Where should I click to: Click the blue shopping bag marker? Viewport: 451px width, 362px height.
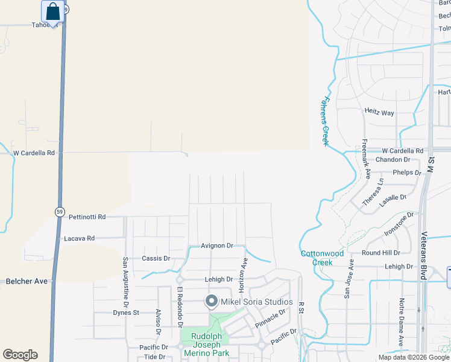pos(53,11)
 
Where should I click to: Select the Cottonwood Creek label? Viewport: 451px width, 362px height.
pos(323,258)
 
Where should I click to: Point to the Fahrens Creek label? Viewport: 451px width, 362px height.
pos(326,121)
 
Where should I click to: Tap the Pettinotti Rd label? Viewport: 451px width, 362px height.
pos(87,217)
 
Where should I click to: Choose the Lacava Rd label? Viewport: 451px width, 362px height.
pos(79,238)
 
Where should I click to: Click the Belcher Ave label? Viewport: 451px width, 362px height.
pos(26,281)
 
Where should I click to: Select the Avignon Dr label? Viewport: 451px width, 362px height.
pos(217,246)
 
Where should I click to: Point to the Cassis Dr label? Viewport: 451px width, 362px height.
pos(156,258)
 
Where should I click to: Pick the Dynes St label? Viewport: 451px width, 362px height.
pos(126,313)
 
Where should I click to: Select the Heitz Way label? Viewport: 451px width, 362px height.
pos(379,112)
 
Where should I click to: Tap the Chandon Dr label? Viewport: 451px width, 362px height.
pos(393,160)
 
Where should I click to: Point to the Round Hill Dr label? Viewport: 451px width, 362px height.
pos(380,253)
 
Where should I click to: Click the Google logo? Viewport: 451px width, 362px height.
pos(20,355)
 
